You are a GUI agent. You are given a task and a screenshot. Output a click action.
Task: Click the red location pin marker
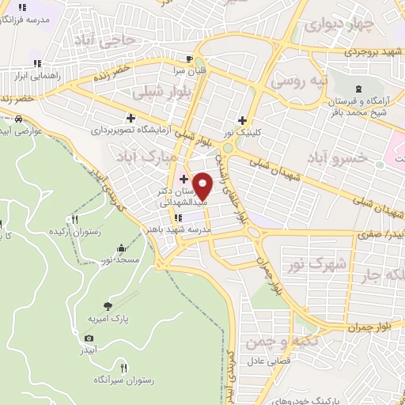pyautogui.click(x=202, y=186)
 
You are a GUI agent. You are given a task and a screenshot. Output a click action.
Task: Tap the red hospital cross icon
pyautogui.click(x=184, y=180)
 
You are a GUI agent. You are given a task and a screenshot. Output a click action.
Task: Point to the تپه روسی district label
pyautogui.click(x=294, y=81)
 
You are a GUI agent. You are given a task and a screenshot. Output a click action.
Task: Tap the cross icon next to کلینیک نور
pyautogui.click(x=251, y=121)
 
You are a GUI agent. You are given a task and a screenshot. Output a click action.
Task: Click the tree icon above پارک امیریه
pyautogui.click(x=108, y=305)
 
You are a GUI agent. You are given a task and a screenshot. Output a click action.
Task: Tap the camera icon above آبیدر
pyautogui.click(x=89, y=339)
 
